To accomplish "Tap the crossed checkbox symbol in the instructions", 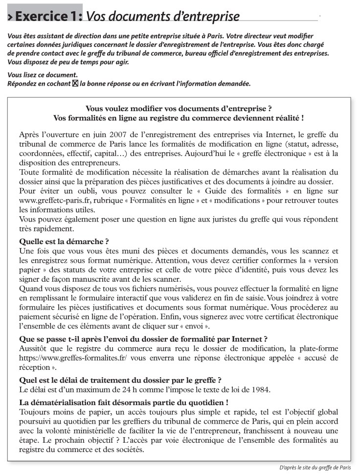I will point(75,84).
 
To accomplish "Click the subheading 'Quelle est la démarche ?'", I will point(64,241).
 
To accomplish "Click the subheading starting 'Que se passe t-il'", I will point(143,339).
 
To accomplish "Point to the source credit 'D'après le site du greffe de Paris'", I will point(315,467).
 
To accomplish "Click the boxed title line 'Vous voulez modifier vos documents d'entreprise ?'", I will point(179,109).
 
